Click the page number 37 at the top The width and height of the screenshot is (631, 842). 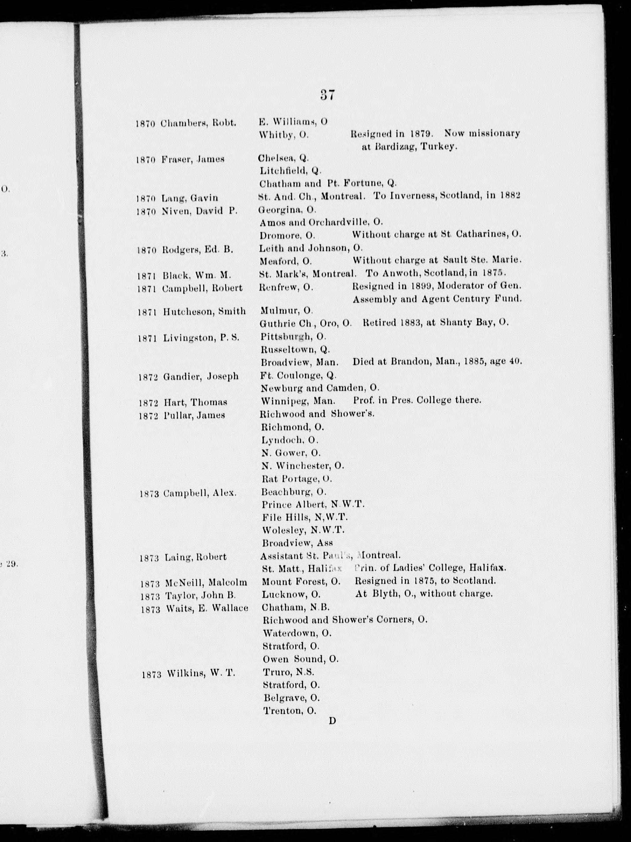pos(327,95)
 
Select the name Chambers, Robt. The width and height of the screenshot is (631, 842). pos(198,123)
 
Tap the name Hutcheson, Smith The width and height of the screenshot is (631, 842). pos(204,311)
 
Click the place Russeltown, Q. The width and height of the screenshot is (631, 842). pos(295,349)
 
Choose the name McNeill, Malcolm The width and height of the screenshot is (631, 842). pos(206,583)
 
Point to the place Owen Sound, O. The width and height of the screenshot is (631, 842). pos(300,659)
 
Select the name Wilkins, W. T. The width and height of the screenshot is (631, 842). pos(200,673)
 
